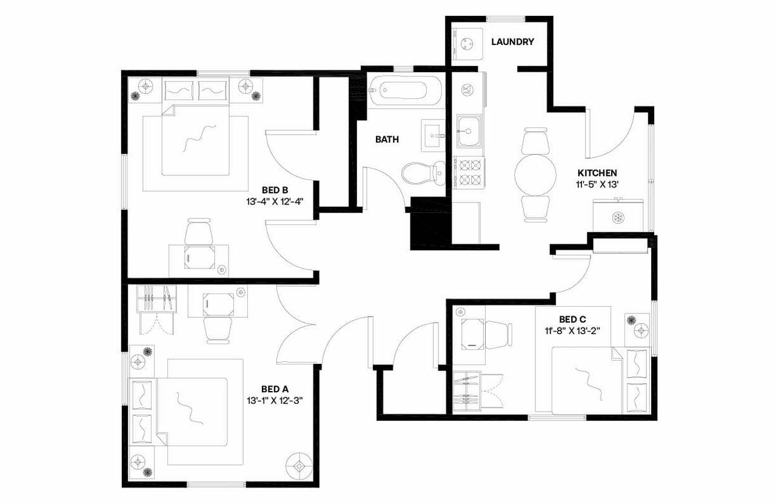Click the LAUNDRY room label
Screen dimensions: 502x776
pos(512,42)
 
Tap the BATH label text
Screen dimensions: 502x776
pos(387,139)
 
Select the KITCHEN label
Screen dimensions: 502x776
pos(597,173)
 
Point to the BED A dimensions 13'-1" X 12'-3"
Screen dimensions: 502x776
pos(274,400)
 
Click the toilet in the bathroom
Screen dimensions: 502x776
pos(424,172)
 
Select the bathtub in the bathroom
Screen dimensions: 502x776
pos(405,91)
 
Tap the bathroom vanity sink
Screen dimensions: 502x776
pos(434,133)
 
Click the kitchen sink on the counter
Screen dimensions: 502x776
pos(469,131)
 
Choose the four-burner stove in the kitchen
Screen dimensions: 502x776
pos(469,172)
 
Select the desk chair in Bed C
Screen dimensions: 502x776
pos(498,335)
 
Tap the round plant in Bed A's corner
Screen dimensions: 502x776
pos(299,465)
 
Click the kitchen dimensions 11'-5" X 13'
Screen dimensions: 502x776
pos(597,184)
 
